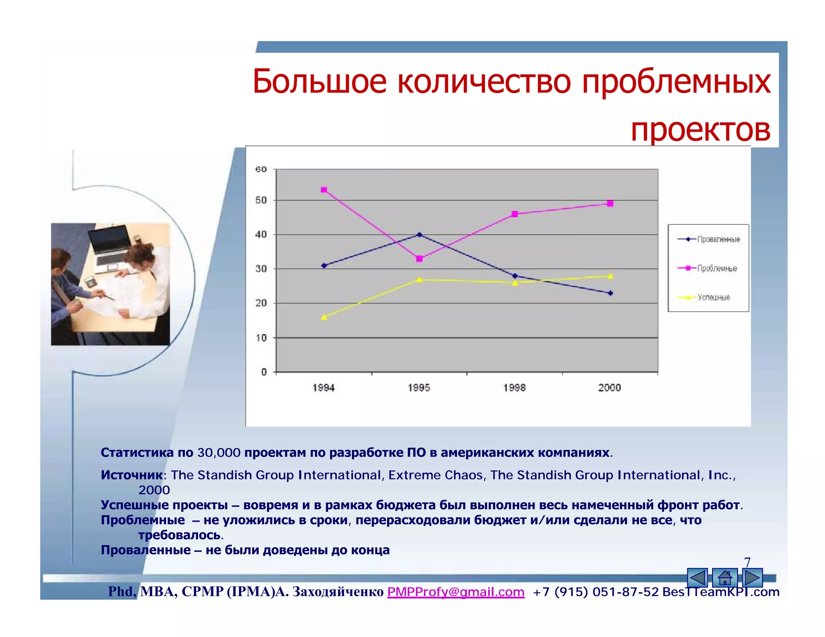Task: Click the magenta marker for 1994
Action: point(324,190)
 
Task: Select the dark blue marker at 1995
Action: point(419,234)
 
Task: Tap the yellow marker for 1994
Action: point(324,317)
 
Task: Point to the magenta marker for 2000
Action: point(610,203)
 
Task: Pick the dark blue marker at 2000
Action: point(610,293)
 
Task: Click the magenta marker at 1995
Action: point(419,259)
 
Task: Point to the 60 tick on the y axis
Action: point(261,169)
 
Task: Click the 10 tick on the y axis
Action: point(261,338)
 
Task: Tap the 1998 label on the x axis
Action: point(514,387)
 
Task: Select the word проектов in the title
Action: point(700,130)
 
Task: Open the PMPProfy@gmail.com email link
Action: point(456,591)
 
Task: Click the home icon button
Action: point(725,578)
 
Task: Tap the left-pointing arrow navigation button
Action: point(697,578)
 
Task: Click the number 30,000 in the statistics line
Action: point(219,453)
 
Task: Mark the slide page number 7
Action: point(747,562)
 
